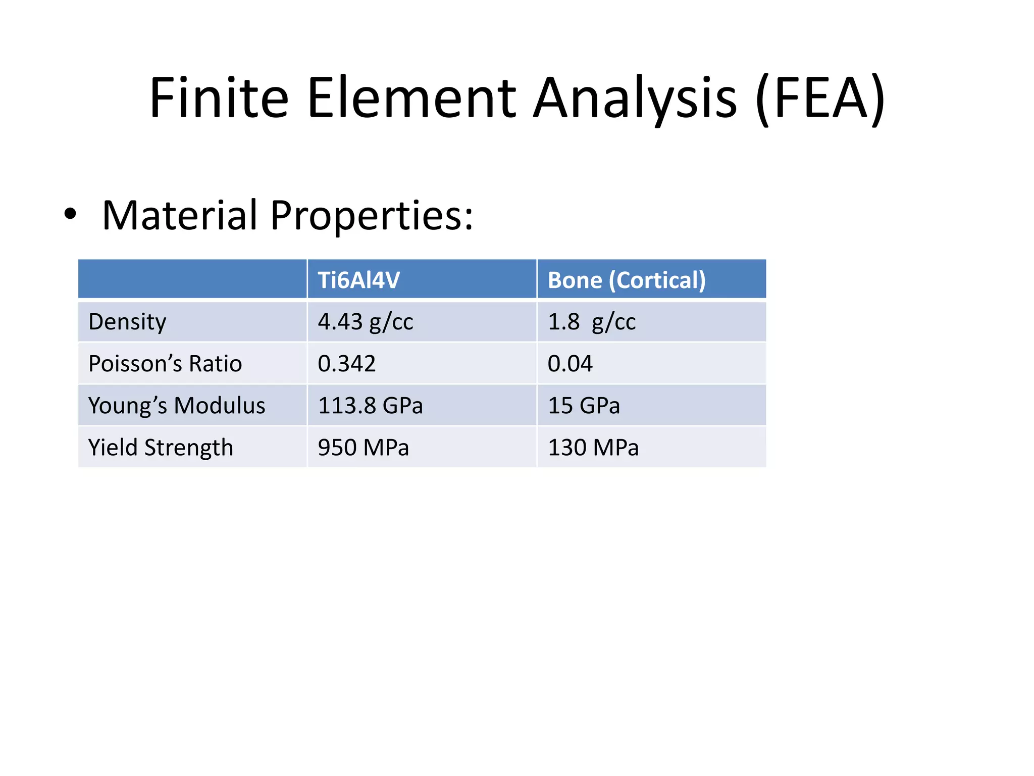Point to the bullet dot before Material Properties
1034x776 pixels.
click(70, 214)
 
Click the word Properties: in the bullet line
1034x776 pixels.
click(372, 216)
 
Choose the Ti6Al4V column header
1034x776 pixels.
click(358, 280)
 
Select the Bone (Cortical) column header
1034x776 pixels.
click(627, 280)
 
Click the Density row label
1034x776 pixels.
click(127, 322)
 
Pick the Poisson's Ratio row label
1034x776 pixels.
click(165, 364)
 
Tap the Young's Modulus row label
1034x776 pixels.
click(177, 406)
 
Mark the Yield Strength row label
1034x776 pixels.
click(161, 448)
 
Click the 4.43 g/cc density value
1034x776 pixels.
click(365, 322)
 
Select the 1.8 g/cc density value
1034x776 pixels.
click(591, 322)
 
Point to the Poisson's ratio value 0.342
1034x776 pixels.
click(346, 364)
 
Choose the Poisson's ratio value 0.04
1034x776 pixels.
click(570, 364)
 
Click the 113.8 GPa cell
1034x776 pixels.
click(370, 406)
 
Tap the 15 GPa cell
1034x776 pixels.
click(584, 406)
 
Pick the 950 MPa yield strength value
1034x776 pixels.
click(363, 448)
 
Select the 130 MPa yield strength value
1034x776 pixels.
click(593, 448)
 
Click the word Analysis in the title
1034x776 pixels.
click(635, 98)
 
